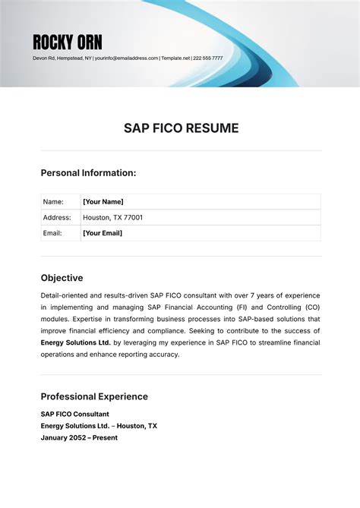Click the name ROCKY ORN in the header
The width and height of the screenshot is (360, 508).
[x=68, y=42]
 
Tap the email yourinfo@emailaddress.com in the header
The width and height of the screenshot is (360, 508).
[x=127, y=58]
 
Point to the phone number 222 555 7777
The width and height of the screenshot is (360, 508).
[x=208, y=58]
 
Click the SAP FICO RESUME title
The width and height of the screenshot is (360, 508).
[x=181, y=128]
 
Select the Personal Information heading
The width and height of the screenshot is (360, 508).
[x=88, y=173]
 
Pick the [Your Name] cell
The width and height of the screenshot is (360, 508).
[x=103, y=202]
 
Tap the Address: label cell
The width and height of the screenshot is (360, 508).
[x=57, y=218]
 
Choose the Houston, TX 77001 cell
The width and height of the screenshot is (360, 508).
[x=112, y=218]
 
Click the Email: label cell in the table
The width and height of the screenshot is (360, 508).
[x=53, y=233]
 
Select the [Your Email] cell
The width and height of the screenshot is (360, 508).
[x=103, y=233]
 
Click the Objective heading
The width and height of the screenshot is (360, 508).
[x=62, y=278]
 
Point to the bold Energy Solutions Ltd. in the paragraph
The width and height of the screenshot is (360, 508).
[x=76, y=342]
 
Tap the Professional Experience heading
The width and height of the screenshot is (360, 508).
[x=94, y=396]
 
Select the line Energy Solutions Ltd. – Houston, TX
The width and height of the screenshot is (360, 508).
[x=99, y=426]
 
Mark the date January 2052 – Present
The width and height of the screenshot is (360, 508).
[x=79, y=438]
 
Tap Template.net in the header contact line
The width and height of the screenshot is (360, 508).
[x=175, y=58]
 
